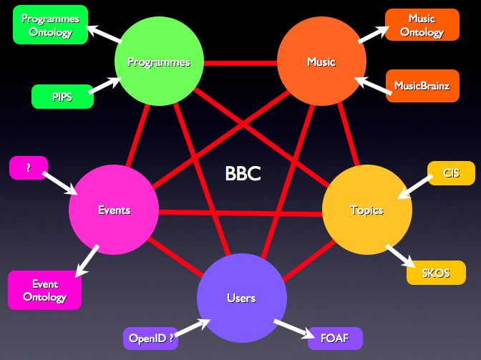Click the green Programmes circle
(x=159, y=62)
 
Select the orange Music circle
(x=321, y=62)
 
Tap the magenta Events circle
(x=114, y=210)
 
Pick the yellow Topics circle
(x=366, y=210)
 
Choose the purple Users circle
(x=241, y=298)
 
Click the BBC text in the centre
(x=243, y=173)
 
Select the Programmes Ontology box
(x=50, y=24)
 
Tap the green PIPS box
(x=62, y=97)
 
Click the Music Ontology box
(x=422, y=25)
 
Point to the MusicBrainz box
(x=422, y=86)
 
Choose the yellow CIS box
(x=451, y=172)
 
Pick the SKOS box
(x=436, y=273)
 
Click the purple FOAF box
(x=335, y=338)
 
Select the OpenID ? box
(x=150, y=338)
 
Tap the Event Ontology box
(x=44, y=290)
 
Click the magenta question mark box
(x=29, y=167)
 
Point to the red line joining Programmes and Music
(x=240, y=63)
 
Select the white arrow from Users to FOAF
(x=293, y=329)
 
